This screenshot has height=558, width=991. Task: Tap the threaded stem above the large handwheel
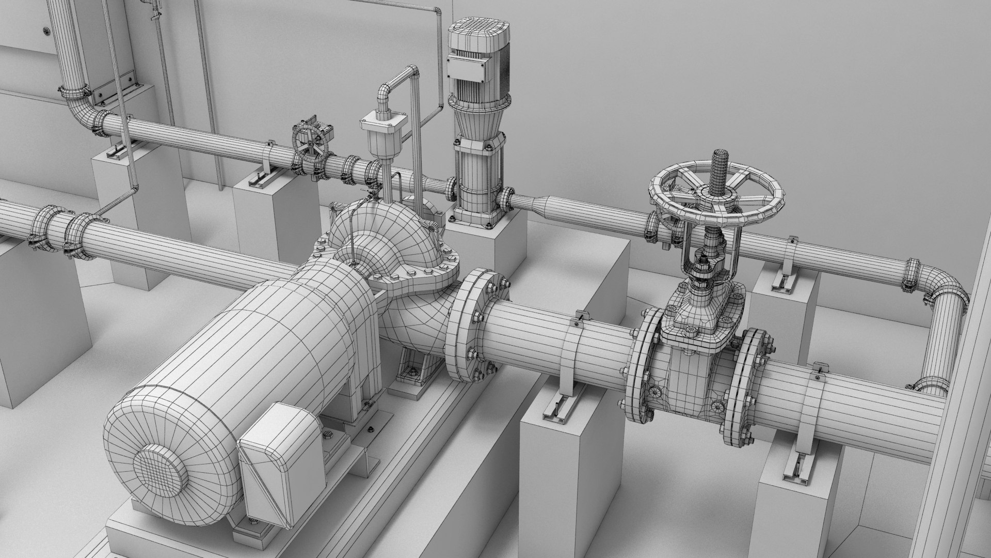[719, 171]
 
